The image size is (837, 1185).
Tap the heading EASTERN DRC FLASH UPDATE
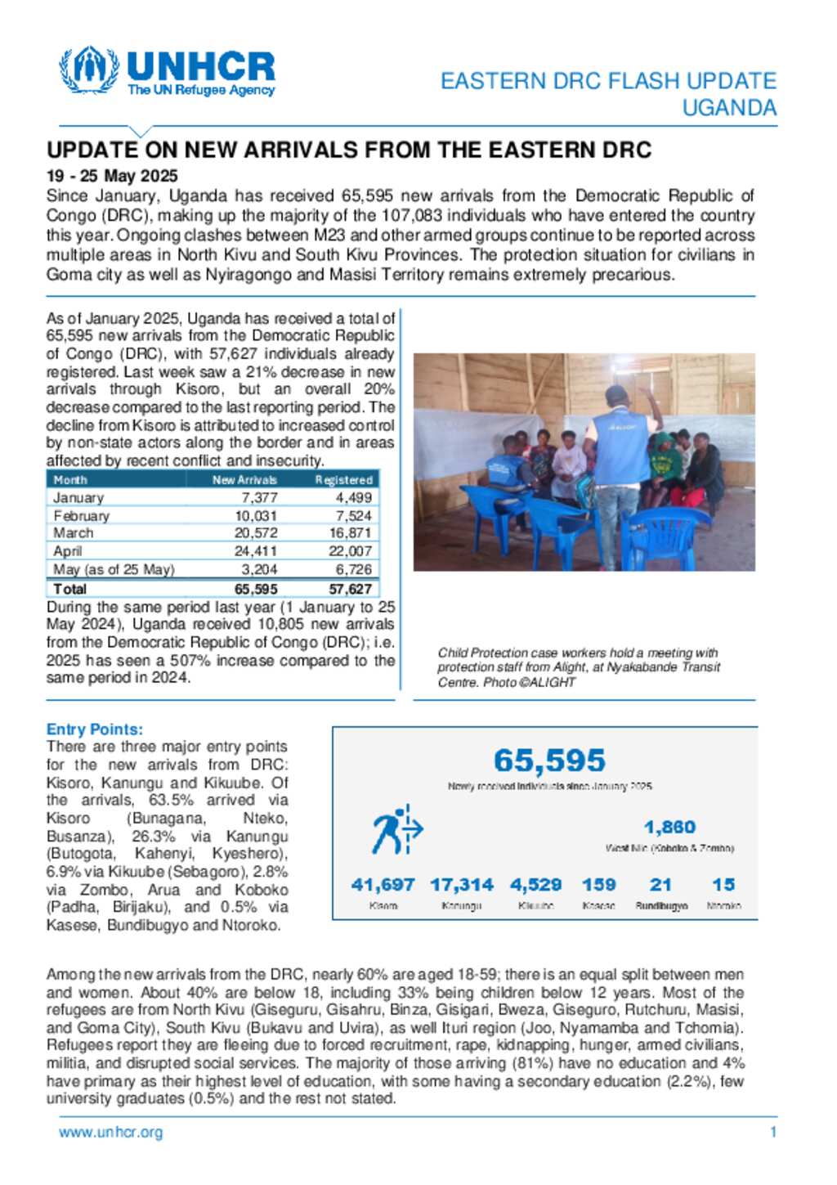(608, 81)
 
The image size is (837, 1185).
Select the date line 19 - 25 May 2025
(112, 176)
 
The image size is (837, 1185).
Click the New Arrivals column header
(244, 480)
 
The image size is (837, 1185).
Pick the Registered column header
(343, 480)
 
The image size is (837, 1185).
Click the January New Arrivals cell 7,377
(259, 497)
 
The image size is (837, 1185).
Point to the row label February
(81, 515)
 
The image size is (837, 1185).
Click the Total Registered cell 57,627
(350, 589)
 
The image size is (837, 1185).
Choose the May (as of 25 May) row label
(114, 569)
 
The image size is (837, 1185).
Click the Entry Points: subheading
(95, 729)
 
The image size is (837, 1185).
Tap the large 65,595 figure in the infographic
(549, 761)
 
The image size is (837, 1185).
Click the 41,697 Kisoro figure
(383, 885)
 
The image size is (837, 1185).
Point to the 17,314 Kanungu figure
(462, 885)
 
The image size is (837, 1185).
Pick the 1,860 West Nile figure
(669, 828)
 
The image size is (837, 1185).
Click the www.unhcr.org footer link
(110, 1133)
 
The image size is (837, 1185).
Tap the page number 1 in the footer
(773, 1133)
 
